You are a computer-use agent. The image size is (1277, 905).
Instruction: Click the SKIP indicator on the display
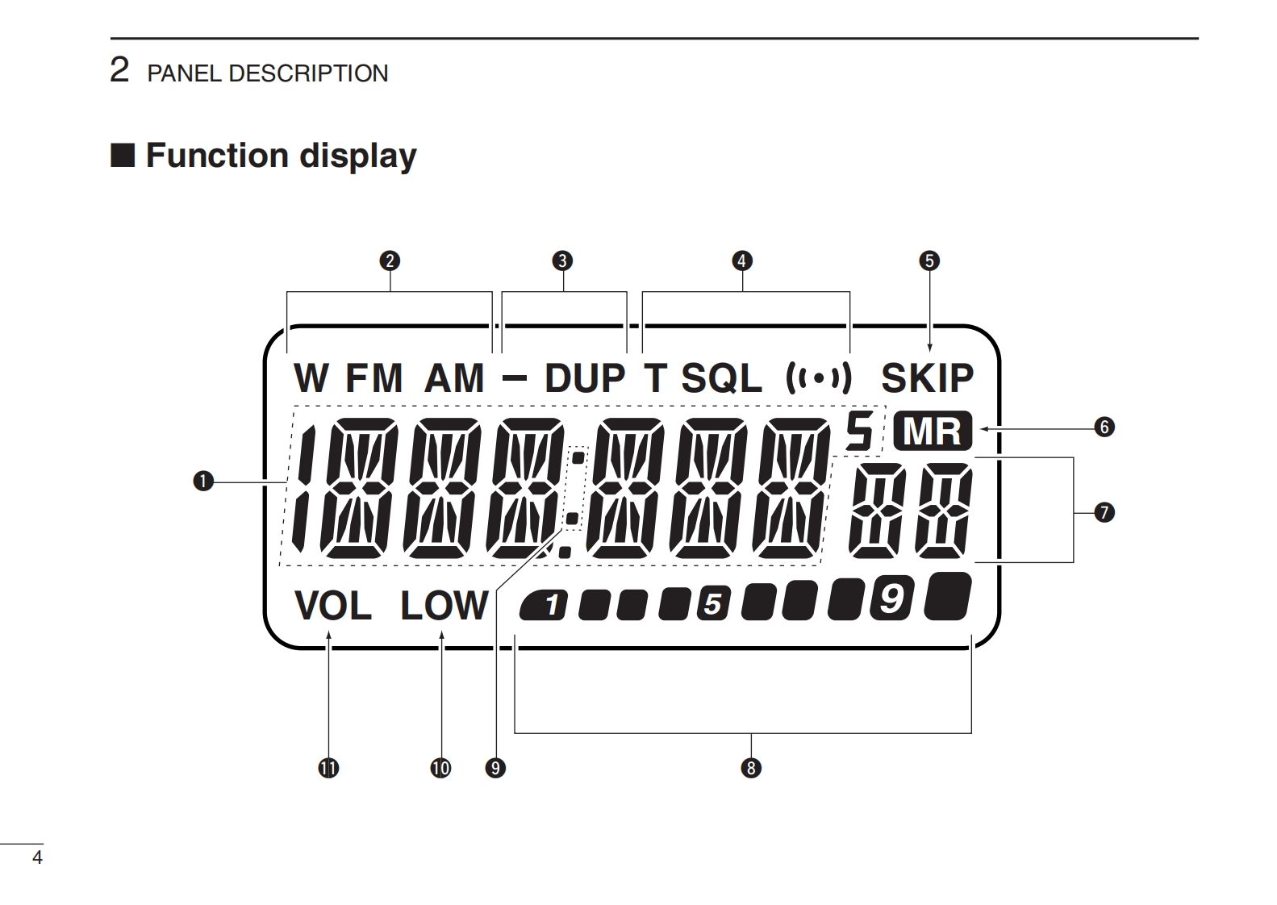(x=927, y=377)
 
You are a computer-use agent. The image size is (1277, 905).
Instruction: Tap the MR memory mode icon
(x=933, y=432)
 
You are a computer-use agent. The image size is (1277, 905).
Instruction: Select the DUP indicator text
(x=585, y=377)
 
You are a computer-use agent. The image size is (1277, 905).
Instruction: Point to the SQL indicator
(x=721, y=377)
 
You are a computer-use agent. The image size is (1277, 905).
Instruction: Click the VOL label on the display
(x=333, y=607)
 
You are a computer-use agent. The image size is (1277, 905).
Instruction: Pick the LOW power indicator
(x=444, y=607)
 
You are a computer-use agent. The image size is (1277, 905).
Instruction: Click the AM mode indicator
(x=454, y=377)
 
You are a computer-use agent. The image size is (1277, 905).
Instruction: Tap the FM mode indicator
(x=374, y=377)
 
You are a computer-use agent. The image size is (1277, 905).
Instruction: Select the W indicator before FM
(x=311, y=377)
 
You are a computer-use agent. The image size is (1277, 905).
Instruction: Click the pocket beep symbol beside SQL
(x=819, y=377)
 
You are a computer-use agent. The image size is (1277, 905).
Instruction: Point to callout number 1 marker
(x=202, y=482)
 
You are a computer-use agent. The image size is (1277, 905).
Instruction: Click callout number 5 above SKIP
(x=929, y=261)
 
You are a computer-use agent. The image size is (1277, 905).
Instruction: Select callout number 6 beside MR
(x=1104, y=427)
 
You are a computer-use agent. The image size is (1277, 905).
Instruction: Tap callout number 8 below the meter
(x=751, y=768)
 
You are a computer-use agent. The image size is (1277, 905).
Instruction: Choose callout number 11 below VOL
(x=328, y=768)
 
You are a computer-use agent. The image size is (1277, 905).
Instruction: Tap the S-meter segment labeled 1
(x=547, y=604)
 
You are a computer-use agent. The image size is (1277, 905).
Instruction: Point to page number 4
(x=36, y=857)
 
